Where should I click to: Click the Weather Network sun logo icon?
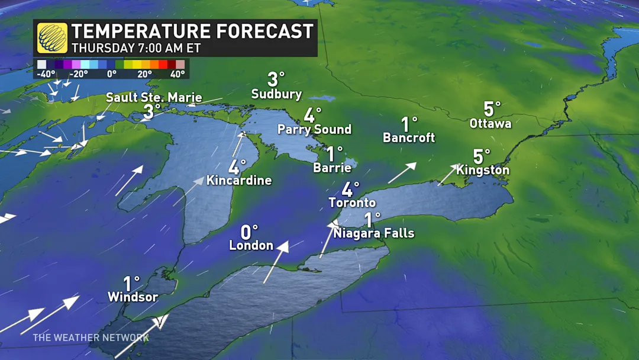coord(52,38)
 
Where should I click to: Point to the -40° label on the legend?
coord(46,74)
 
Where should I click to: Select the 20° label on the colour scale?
coord(144,74)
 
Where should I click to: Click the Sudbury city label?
coord(276,94)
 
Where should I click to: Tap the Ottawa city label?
coord(490,124)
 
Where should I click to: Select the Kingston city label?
coord(483,170)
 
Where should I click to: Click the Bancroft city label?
coord(409,138)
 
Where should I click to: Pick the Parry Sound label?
coord(314,129)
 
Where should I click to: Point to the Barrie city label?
coord(332,168)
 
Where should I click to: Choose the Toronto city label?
coord(352,202)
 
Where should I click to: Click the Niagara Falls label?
coord(373,233)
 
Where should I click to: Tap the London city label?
coord(251,245)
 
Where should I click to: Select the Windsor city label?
coord(133,297)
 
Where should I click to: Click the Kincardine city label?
coord(239,181)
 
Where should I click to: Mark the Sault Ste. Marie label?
coord(154,98)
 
